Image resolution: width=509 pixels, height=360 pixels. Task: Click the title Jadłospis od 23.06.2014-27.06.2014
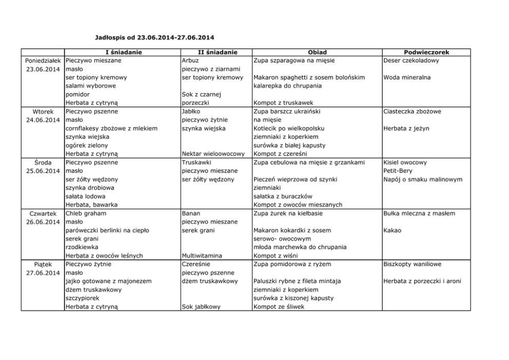[155, 37]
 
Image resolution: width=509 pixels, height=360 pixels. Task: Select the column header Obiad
[317, 52]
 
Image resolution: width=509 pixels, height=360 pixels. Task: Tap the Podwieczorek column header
[426, 52]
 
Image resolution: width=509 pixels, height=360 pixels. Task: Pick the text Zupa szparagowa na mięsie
[294, 61]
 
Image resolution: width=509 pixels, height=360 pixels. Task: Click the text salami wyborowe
[91, 86]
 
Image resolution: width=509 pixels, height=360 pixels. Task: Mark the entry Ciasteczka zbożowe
[412, 111]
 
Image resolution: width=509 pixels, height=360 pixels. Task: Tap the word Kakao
[392, 231]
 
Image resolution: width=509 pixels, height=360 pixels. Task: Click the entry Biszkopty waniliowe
[412, 264]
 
